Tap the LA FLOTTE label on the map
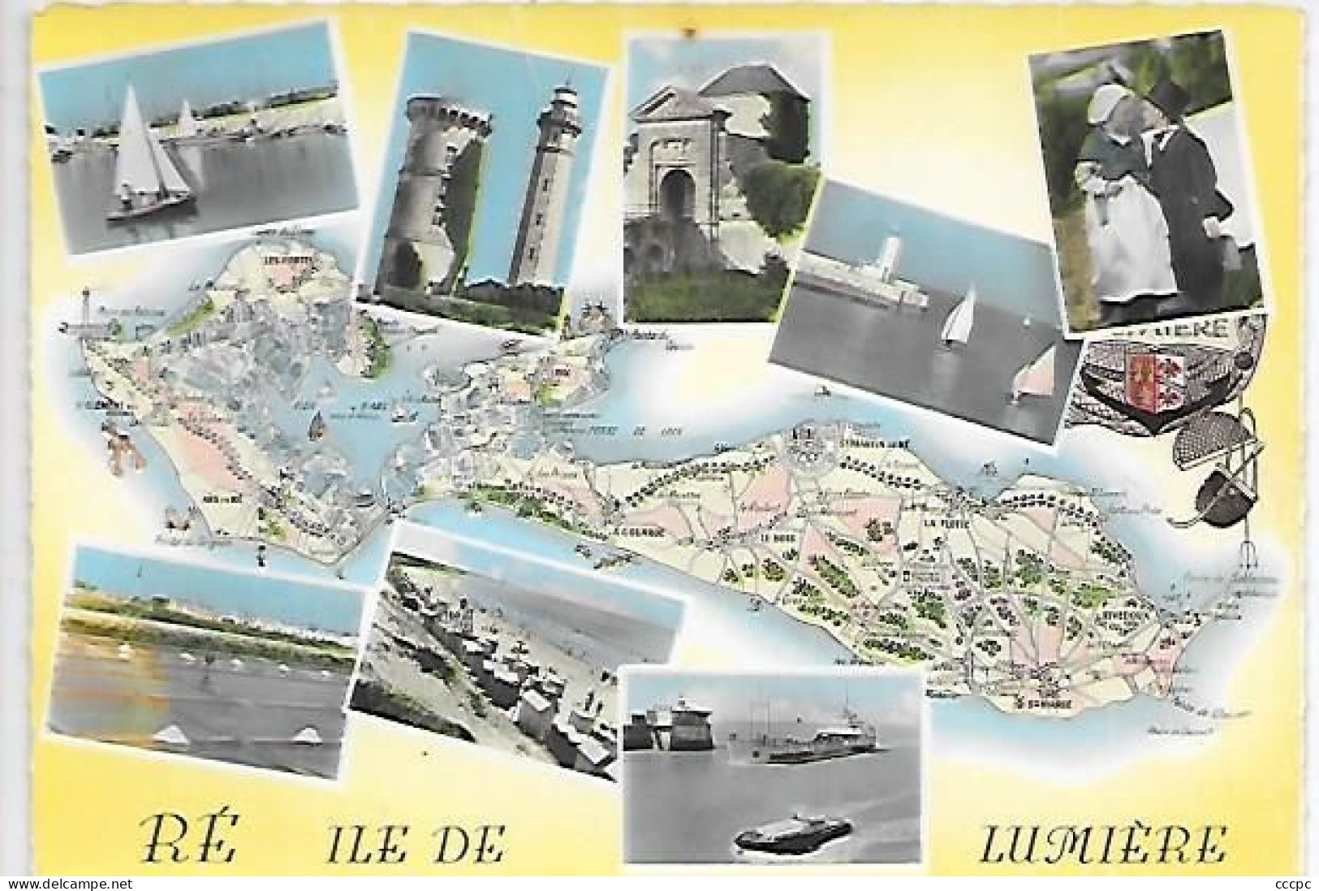942,524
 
